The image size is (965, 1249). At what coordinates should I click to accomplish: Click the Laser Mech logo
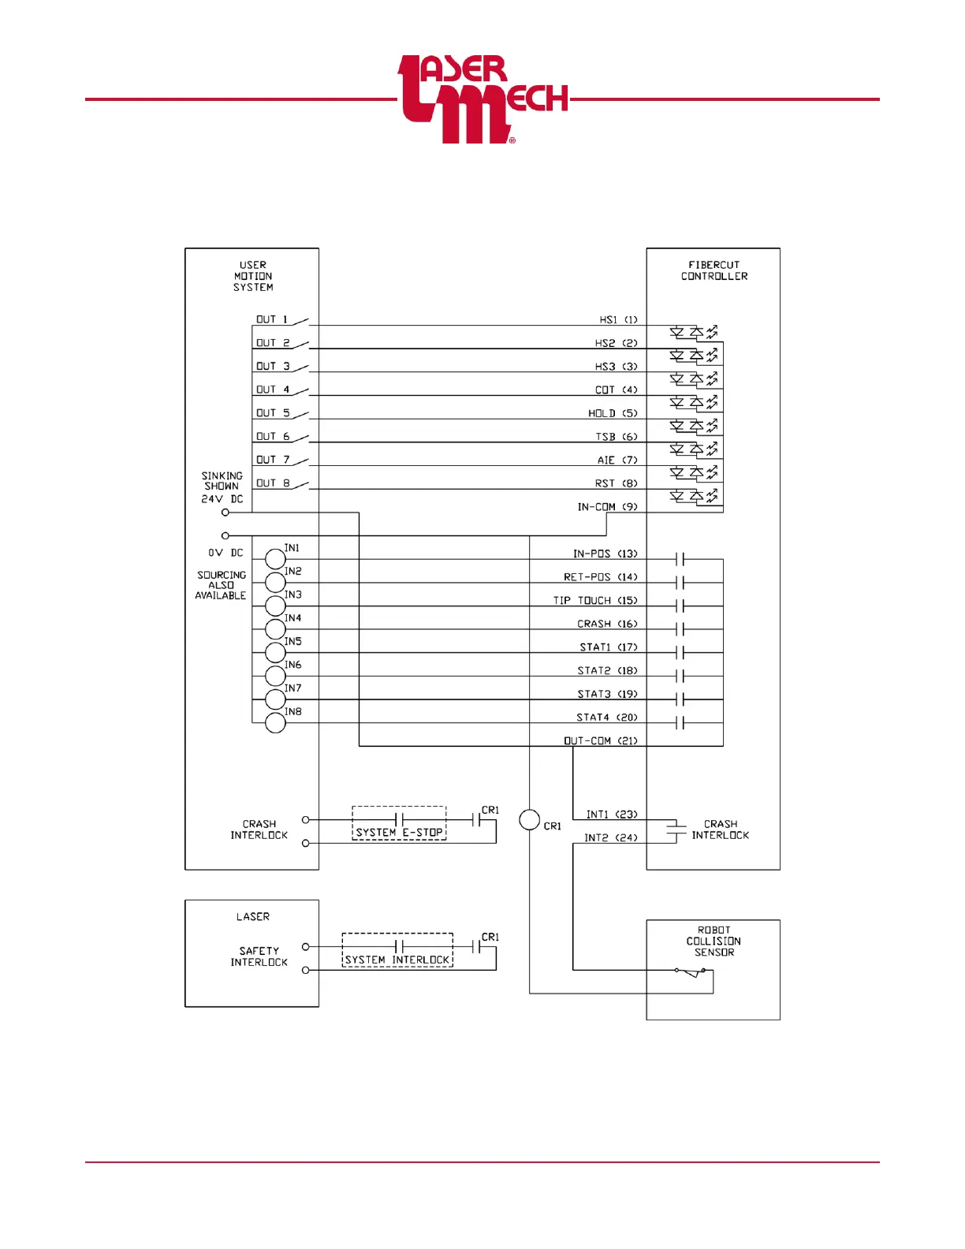coord(482,99)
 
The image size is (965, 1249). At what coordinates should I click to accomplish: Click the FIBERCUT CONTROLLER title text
coord(714,270)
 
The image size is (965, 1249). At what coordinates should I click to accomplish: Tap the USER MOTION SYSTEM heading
coord(253,276)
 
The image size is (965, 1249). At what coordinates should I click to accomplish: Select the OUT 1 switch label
coord(272,319)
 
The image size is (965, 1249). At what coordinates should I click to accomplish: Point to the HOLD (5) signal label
coord(613,413)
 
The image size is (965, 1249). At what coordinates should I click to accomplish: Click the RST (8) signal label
coord(616,483)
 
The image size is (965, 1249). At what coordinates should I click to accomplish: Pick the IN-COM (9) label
coord(607,507)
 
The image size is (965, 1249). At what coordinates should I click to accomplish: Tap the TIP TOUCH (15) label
coord(595,601)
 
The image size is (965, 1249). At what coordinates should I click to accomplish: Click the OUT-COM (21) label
coord(601,741)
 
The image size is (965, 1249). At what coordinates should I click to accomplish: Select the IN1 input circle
coord(275,559)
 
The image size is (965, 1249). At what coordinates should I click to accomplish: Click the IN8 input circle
coord(275,722)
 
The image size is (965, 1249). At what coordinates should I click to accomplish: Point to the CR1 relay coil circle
coord(530,820)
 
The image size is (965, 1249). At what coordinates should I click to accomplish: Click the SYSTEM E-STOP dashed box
coord(399,823)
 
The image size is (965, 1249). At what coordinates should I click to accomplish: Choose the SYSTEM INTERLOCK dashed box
coord(397,950)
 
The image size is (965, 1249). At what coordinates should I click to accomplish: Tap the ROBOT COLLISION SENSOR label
coord(714,941)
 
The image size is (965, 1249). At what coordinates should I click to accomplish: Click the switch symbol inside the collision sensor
coord(691,972)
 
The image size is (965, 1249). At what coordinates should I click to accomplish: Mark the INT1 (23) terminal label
coord(612,815)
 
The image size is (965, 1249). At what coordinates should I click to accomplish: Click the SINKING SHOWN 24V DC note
coord(222,487)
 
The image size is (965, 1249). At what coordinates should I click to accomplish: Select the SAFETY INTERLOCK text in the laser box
coord(259,956)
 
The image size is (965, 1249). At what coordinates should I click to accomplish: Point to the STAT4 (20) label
coord(607,718)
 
